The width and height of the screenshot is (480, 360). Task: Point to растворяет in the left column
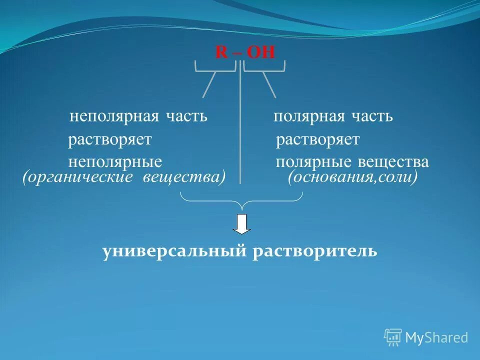click(x=109, y=139)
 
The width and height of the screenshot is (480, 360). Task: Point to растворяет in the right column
click(x=317, y=139)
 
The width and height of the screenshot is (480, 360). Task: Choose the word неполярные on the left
click(x=115, y=162)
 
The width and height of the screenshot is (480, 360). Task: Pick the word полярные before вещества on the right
click(x=313, y=162)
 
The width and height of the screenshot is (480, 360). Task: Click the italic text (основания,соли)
click(x=352, y=177)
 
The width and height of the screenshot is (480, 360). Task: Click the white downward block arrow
click(x=242, y=224)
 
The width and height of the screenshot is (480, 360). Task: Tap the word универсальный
click(x=174, y=250)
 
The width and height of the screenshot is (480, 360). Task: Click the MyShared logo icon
click(x=393, y=337)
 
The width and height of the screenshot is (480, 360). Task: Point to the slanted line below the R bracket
click(x=209, y=84)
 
